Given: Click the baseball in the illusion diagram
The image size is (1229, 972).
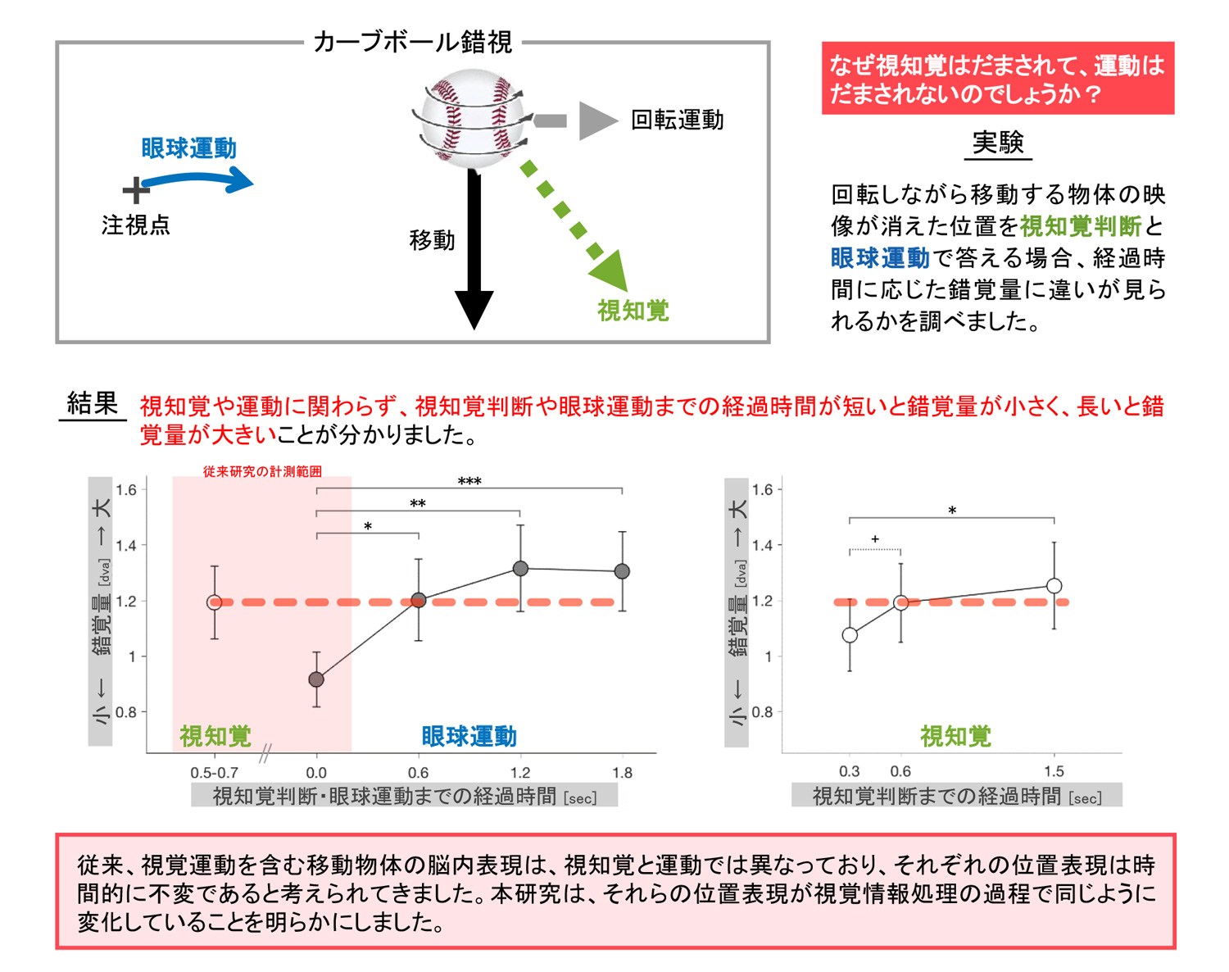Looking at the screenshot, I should tap(471, 118).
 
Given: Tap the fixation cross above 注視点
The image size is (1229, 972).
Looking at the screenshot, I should tap(135, 191).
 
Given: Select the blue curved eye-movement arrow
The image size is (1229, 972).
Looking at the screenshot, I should tap(197, 179).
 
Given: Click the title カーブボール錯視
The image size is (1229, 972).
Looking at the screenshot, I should tap(413, 42).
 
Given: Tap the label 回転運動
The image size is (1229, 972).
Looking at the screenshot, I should tap(677, 120).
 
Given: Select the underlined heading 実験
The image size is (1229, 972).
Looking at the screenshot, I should tap(997, 143).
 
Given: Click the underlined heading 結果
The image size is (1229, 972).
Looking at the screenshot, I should tap(93, 403).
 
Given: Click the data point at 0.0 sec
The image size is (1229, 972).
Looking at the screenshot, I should tap(316, 679).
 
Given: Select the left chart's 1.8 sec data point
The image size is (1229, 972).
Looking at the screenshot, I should tap(622, 571).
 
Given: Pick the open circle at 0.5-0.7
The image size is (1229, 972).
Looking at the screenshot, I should tap(215, 602).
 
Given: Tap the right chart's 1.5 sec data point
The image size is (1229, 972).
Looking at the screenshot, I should tap(1054, 586).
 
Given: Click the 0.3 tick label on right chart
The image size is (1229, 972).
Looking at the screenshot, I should tap(850, 771).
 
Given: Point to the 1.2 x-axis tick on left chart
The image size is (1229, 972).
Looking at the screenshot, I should tap(520, 772).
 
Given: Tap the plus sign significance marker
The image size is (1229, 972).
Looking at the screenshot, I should tap(875, 539).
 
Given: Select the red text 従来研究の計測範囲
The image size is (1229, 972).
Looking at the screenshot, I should tap(262, 471).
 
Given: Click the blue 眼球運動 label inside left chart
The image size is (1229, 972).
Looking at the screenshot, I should tap(469, 736).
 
